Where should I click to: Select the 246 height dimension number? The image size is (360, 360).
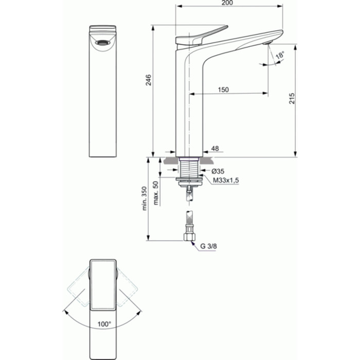[x=148, y=80]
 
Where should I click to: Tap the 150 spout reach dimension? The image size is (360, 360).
[x=223, y=89]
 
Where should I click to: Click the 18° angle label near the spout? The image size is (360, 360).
[x=279, y=56]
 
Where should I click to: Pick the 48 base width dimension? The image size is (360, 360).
[x=215, y=149]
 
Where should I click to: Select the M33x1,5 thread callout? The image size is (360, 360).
[x=226, y=179]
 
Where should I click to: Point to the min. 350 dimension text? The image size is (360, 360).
[x=146, y=199]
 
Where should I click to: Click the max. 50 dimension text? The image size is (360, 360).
[x=156, y=191]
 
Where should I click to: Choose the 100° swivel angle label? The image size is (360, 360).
[x=104, y=325]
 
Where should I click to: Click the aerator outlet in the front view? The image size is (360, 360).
[x=102, y=43]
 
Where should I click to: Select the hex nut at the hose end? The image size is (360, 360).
[x=189, y=237]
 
